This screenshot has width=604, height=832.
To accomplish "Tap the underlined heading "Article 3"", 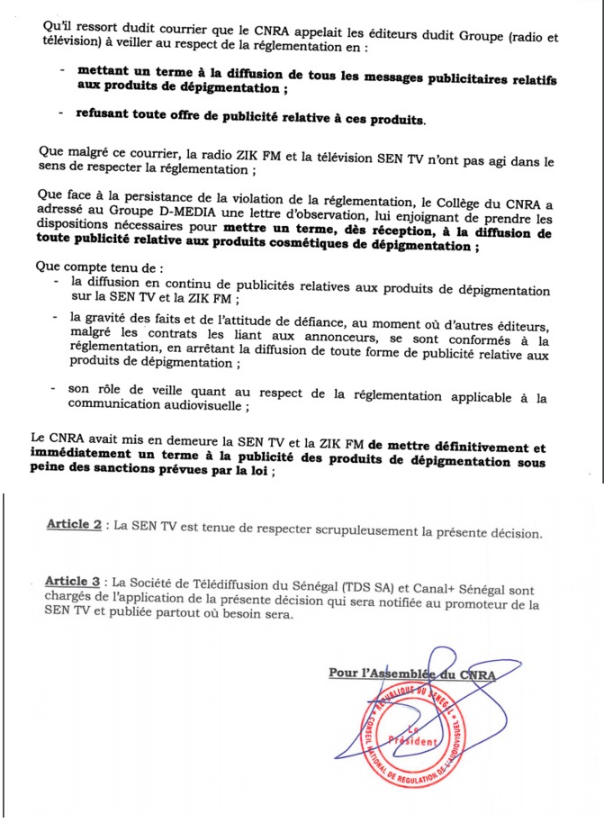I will pyautogui.click(x=74, y=581).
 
